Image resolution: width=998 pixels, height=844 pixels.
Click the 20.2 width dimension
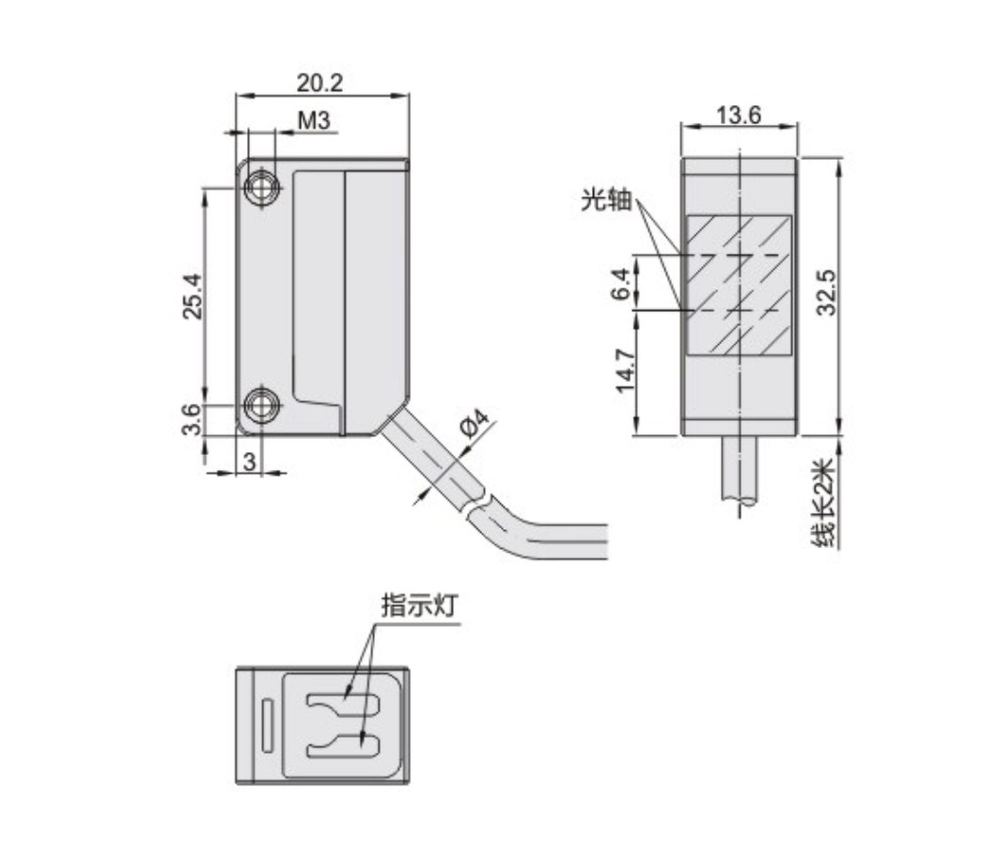point(320,83)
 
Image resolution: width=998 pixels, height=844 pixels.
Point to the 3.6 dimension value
point(191,419)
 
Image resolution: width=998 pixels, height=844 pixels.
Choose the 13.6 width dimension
point(738,115)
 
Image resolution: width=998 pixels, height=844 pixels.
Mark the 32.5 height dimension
point(826,294)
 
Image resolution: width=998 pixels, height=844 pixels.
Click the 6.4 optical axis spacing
point(620,281)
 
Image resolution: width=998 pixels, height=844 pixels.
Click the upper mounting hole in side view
point(260,188)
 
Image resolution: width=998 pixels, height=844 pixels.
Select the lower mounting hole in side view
point(260,406)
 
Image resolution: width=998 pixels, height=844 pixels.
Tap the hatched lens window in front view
point(739,286)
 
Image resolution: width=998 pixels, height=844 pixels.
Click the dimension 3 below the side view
point(249,461)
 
